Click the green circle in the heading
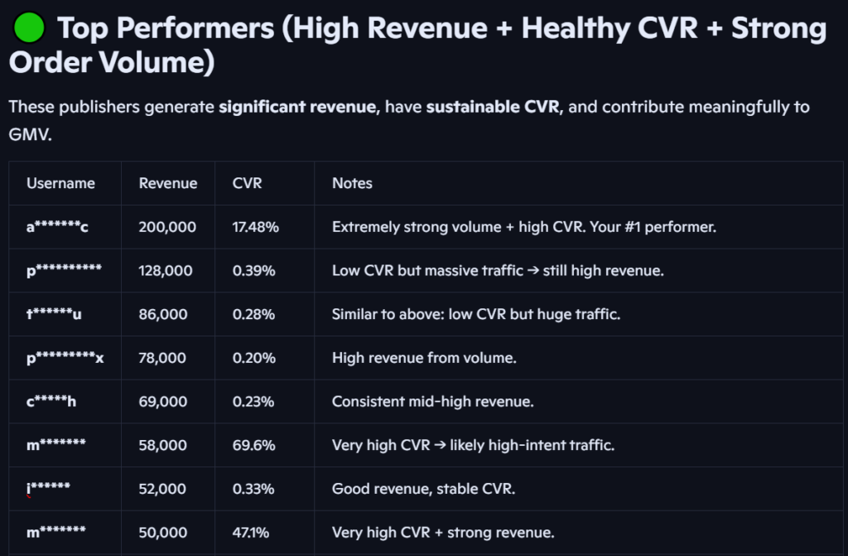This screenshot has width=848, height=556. click(x=30, y=29)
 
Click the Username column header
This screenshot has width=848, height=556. click(x=60, y=183)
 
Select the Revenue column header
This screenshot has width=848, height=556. click(x=168, y=183)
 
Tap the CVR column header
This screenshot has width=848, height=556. click(x=248, y=183)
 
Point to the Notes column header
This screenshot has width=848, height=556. click(x=352, y=183)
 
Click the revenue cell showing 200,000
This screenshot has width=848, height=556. click(x=167, y=226)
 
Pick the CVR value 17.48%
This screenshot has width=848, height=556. click(x=255, y=226)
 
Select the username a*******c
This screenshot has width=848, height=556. click(x=57, y=226)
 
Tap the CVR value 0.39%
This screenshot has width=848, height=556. click(x=253, y=270)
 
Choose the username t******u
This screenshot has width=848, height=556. click(x=54, y=314)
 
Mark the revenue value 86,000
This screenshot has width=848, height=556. click(x=163, y=314)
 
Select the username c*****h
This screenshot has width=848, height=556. click(x=51, y=402)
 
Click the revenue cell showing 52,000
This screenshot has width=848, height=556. click(x=163, y=489)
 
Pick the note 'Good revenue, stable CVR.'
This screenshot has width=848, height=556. click(x=423, y=489)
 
